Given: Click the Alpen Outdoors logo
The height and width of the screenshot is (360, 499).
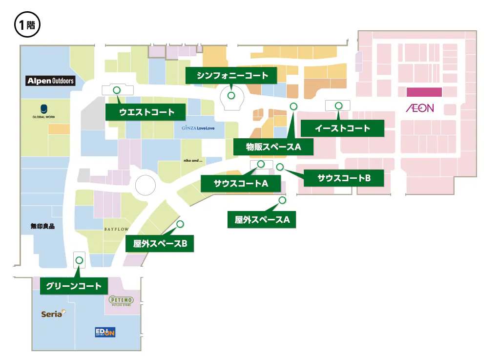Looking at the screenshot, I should click(x=51, y=81).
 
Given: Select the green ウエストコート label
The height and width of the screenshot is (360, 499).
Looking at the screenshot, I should click(x=146, y=112).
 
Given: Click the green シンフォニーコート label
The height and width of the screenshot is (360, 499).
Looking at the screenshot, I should click(x=232, y=76).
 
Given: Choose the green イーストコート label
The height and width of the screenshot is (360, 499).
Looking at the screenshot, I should click(x=342, y=128).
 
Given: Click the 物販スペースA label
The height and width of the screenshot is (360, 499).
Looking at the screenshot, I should click(x=273, y=147).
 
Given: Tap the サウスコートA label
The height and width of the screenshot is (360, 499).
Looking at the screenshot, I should click(x=241, y=184).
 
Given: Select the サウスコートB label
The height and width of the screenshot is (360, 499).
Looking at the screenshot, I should click(x=344, y=178).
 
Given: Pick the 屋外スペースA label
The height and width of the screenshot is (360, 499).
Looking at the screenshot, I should click(x=262, y=220).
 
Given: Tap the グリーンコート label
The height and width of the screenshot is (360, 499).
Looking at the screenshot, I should click(x=73, y=286).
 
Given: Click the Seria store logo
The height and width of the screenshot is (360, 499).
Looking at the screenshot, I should click(x=53, y=314).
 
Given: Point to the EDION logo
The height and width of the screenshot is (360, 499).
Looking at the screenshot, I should click(x=105, y=333).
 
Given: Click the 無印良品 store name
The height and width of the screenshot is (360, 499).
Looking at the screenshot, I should click(x=42, y=226).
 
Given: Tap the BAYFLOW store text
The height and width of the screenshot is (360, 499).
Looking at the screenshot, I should click(x=116, y=229).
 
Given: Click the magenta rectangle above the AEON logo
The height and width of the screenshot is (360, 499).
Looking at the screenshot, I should click(x=424, y=92).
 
